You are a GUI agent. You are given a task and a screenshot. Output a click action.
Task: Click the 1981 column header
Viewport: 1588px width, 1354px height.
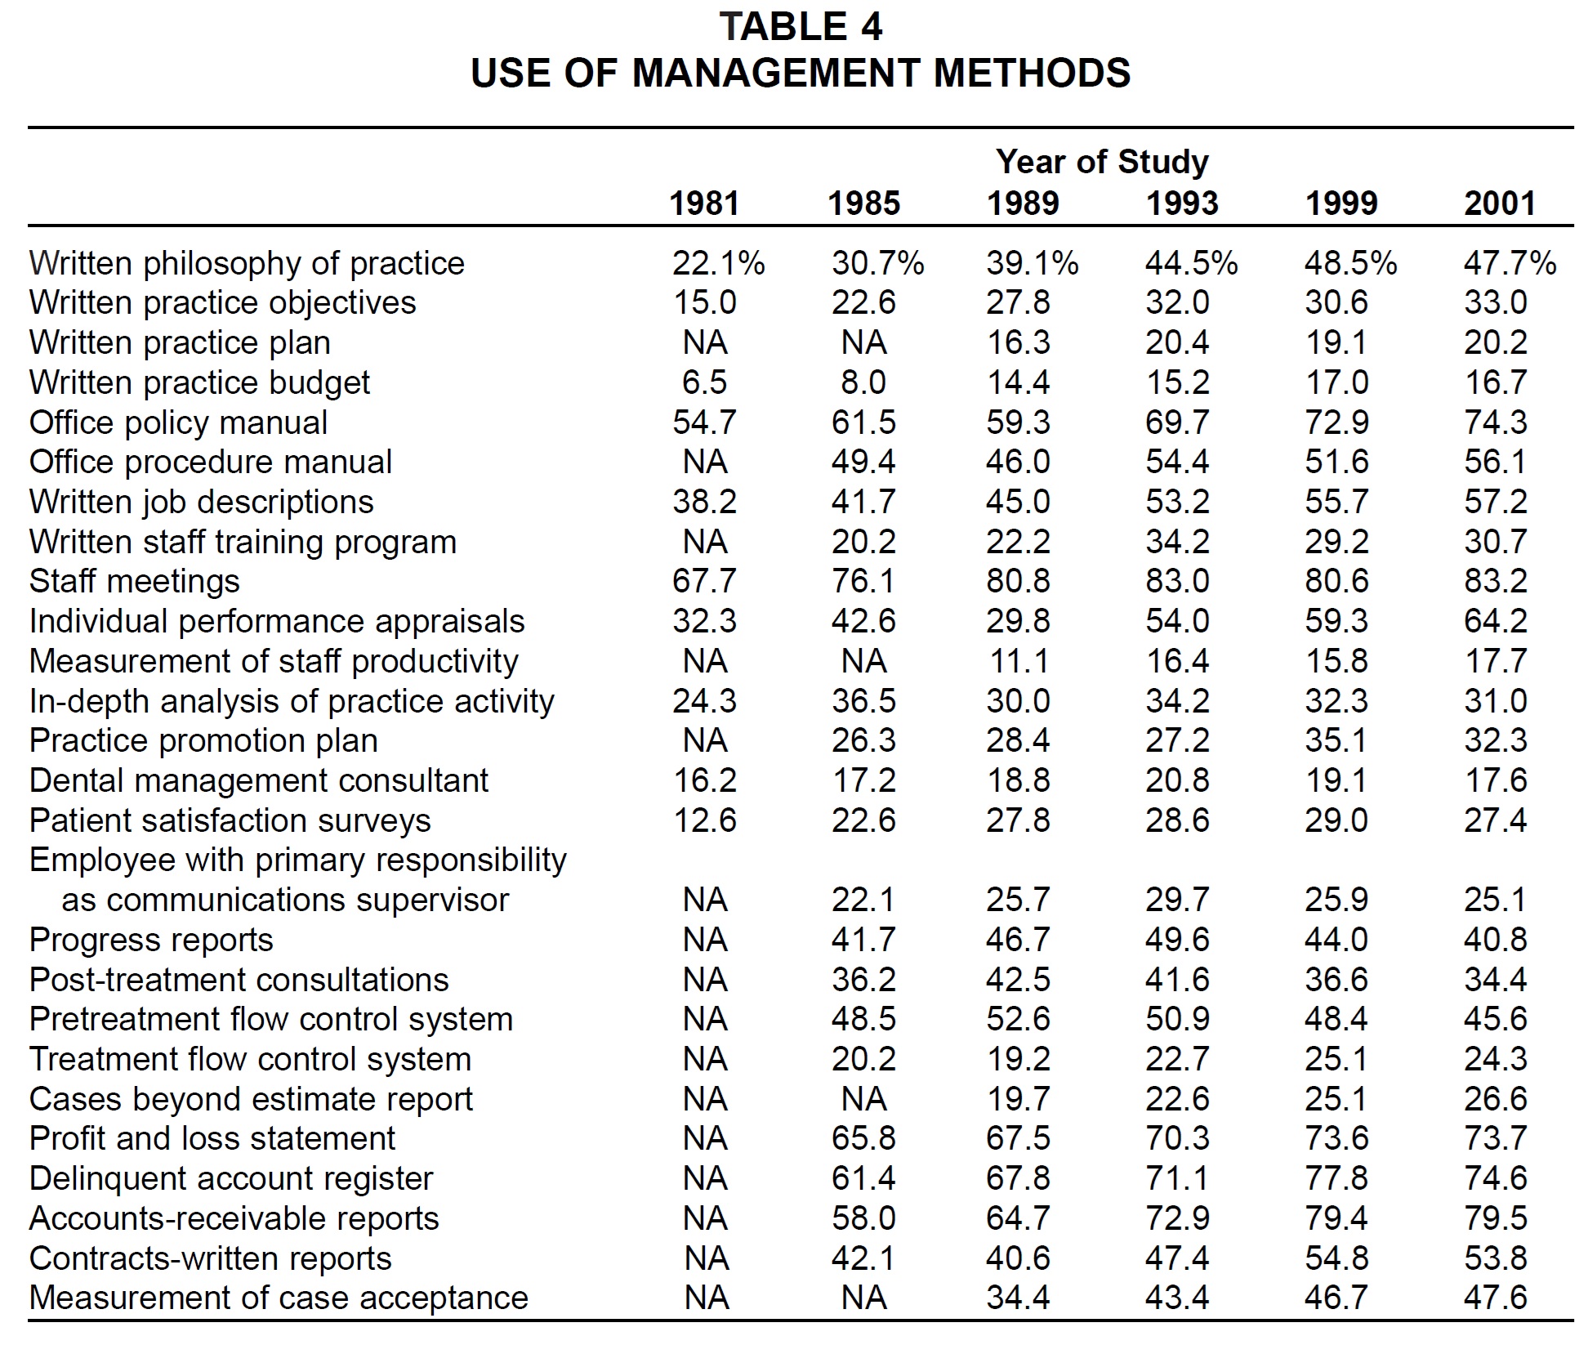[x=704, y=203]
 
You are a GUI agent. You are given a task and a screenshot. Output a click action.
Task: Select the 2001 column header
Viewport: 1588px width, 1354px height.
[x=1500, y=203]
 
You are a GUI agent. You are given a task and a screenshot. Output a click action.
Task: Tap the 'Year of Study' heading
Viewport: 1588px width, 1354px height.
[x=1102, y=162]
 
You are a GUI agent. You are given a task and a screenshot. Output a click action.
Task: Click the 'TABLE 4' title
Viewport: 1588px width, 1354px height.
[x=801, y=27]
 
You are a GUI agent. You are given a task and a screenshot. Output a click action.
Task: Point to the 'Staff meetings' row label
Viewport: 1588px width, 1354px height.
[x=135, y=582]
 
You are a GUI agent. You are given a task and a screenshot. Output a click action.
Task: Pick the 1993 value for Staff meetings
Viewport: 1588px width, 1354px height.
[x=1177, y=582]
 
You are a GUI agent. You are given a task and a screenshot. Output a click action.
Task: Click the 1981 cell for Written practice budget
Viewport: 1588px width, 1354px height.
[x=704, y=382]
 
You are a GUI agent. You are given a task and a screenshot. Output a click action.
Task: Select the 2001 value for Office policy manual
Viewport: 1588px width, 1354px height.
[x=1496, y=422]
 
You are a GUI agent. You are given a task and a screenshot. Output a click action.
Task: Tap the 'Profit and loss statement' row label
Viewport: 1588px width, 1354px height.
[x=212, y=1138]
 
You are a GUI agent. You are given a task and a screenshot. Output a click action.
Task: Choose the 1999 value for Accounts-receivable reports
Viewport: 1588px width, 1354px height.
[x=1336, y=1218]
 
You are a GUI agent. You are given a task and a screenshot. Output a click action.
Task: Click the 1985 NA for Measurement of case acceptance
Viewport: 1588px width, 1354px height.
[x=863, y=1298]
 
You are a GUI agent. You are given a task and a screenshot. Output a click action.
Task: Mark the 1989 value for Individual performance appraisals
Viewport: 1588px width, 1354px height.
[x=1018, y=621]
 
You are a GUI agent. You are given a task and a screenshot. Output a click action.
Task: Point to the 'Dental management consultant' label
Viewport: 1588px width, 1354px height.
[x=259, y=780]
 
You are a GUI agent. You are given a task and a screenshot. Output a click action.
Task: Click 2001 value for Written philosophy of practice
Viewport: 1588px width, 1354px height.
[x=1510, y=263]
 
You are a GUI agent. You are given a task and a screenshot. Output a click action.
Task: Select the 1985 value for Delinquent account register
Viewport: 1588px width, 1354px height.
[x=863, y=1178]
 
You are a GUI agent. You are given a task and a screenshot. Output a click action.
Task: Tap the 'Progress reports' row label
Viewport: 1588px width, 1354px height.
[x=151, y=940]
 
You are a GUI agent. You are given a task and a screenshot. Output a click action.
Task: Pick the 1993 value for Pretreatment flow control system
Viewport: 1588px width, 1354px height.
[x=1177, y=1019]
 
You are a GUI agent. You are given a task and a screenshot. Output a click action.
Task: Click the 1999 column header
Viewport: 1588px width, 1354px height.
[x=1341, y=203]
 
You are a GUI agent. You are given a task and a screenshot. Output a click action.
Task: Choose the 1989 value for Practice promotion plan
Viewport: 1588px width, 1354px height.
[x=1018, y=740]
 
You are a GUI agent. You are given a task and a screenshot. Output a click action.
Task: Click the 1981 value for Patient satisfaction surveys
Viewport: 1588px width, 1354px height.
[x=704, y=820]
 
